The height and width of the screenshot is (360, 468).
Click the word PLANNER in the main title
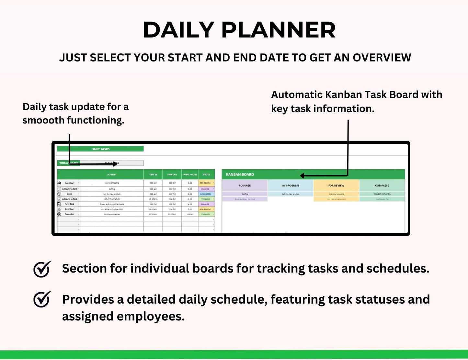tap(279, 30)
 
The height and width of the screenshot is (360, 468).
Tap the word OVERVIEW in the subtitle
tap(382, 58)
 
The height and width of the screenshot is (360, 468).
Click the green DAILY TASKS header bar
tap(100, 149)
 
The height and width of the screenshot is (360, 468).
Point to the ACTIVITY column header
tap(112, 175)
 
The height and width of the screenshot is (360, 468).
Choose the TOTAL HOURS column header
tap(190, 175)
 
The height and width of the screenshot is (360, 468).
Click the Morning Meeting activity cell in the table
tap(112, 183)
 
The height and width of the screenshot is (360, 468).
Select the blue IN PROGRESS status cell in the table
tap(206, 194)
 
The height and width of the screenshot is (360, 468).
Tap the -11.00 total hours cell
tap(190, 214)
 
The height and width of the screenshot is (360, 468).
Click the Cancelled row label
tap(69, 214)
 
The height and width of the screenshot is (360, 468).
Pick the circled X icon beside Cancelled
tap(59, 214)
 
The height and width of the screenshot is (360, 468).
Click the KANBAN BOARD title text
tap(240, 174)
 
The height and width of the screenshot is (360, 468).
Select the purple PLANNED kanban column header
tap(245, 186)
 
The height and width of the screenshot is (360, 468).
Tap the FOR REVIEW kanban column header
tap(336, 186)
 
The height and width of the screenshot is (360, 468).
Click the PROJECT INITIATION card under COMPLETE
tap(382, 194)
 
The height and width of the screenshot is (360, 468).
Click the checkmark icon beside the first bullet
tap(42, 269)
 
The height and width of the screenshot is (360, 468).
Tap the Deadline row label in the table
tap(69, 209)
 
